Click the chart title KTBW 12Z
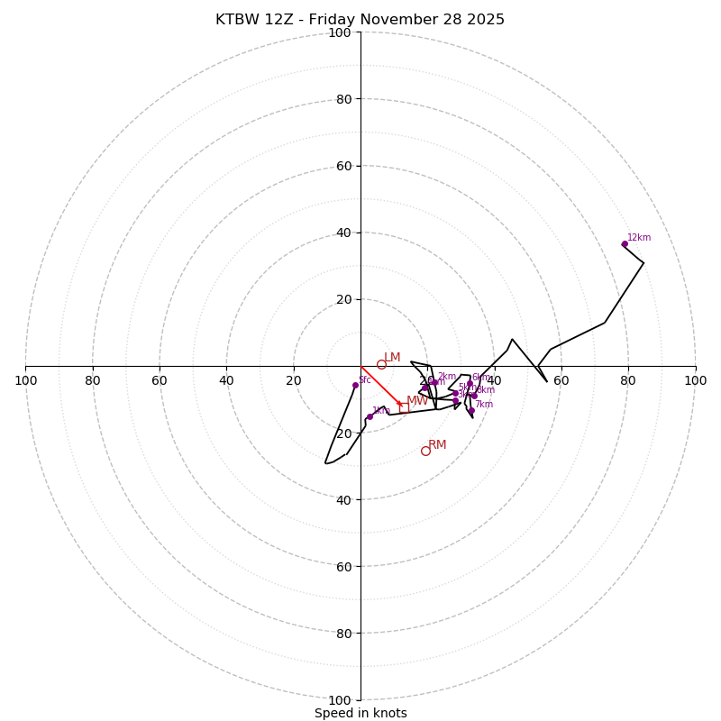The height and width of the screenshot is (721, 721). point(360,20)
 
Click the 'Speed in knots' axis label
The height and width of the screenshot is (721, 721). point(360,713)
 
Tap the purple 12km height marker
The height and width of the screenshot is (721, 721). point(625,243)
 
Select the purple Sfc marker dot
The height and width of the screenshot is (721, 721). point(355,385)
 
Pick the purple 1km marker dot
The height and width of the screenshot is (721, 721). point(370,416)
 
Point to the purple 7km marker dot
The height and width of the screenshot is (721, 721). point(470,411)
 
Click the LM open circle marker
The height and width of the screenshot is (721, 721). point(381,364)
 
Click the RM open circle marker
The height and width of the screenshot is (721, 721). point(425,451)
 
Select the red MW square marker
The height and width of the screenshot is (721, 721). point(405,408)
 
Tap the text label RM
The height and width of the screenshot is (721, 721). point(437,444)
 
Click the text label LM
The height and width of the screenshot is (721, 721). point(392,358)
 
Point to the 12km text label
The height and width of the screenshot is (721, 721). point(639,238)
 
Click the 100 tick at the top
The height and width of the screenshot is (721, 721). point(340,32)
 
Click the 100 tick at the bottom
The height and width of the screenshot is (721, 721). point(340,700)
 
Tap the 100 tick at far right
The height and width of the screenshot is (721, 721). point(695,380)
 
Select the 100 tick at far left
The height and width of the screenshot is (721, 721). point(26,380)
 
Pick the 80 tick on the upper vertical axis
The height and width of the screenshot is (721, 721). point(343,99)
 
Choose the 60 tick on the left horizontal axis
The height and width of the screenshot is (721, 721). point(160,380)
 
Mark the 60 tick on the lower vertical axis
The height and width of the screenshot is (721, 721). point(343,567)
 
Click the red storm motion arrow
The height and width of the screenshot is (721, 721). point(380,386)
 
